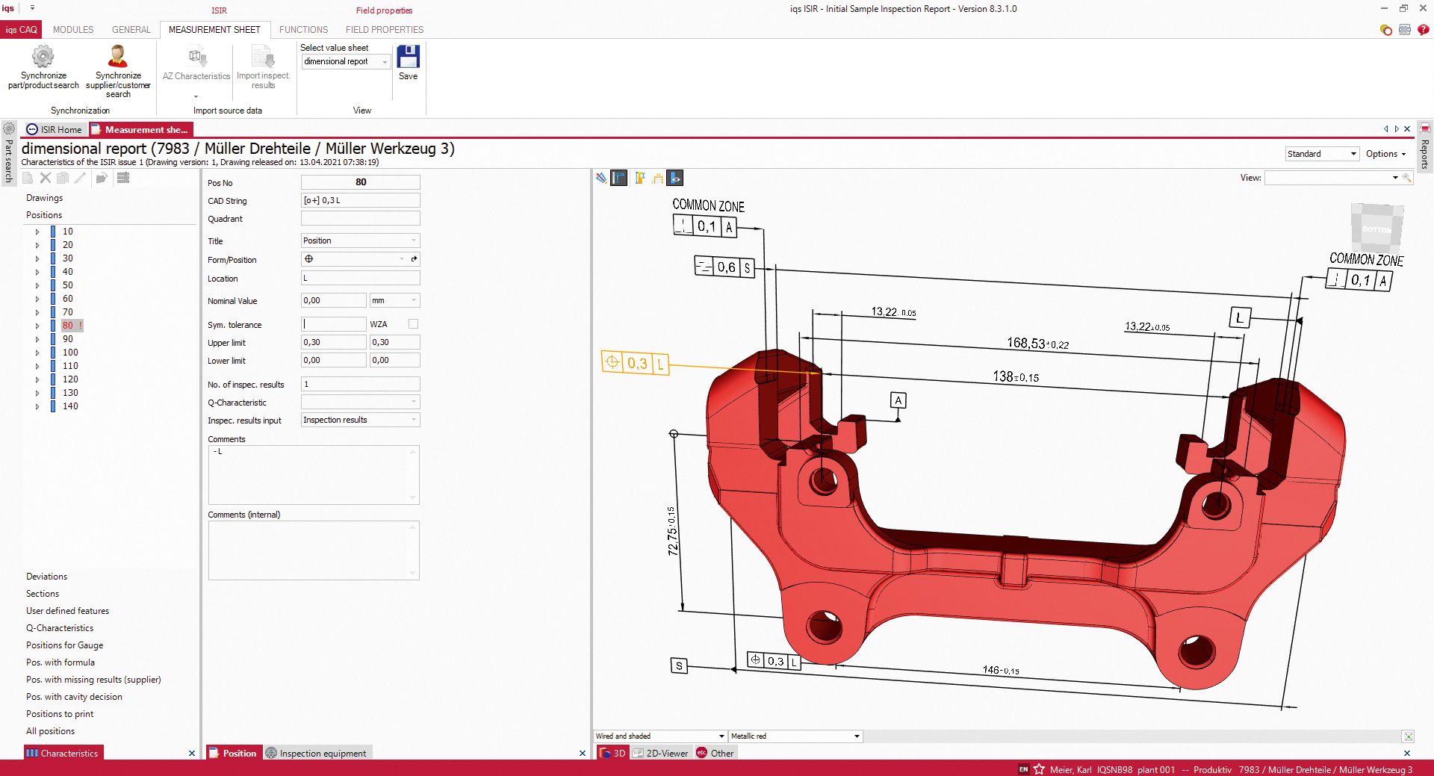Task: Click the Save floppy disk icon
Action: (x=408, y=57)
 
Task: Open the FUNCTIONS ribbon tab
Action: (x=303, y=30)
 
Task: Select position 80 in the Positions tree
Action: (x=68, y=326)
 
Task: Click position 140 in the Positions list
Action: (x=70, y=406)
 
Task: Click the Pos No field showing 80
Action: (x=360, y=182)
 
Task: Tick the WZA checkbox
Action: (x=413, y=324)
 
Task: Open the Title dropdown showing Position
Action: (x=360, y=240)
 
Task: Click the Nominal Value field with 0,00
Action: (x=333, y=300)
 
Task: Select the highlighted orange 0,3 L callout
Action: (x=636, y=364)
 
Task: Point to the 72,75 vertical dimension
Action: (x=672, y=531)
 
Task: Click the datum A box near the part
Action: (x=898, y=401)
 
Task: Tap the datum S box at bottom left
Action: (x=679, y=665)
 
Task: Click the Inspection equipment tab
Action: (x=322, y=753)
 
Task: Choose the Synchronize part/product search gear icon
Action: (x=43, y=57)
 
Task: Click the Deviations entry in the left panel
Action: (x=46, y=577)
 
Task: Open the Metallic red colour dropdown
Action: (x=795, y=736)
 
